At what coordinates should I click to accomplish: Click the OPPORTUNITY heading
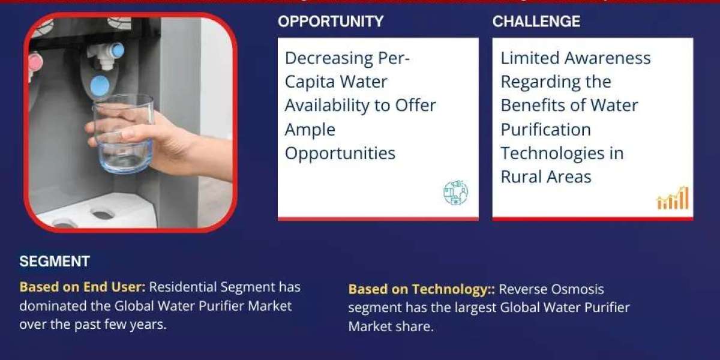(x=331, y=22)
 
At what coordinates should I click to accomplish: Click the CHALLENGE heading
(x=536, y=22)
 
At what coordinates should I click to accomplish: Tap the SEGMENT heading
(x=55, y=262)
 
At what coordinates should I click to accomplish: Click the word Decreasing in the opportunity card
(x=329, y=59)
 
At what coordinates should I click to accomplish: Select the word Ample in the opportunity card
(x=310, y=130)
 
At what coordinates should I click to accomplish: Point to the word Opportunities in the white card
(x=340, y=154)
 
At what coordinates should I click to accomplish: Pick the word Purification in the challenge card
(x=546, y=130)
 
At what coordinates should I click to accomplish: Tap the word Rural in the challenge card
(x=521, y=177)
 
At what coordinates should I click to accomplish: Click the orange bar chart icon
(x=673, y=198)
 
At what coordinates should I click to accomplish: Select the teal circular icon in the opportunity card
(x=455, y=193)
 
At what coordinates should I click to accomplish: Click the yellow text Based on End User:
(x=82, y=287)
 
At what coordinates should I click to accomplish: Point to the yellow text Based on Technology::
(x=421, y=289)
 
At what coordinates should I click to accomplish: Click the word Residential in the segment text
(x=181, y=287)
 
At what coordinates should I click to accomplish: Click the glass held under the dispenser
(x=124, y=133)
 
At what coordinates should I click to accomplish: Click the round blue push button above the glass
(x=100, y=86)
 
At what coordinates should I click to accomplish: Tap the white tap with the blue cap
(x=106, y=55)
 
